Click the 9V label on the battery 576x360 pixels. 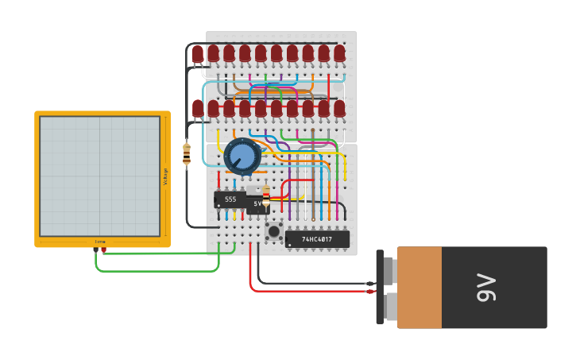[x=486, y=288]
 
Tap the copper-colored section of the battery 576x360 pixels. [x=419, y=288]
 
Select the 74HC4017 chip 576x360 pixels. [x=317, y=239]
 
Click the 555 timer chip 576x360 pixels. [x=230, y=199]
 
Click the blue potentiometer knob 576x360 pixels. [x=242, y=157]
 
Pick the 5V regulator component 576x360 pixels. [x=257, y=204]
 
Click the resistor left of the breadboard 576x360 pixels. [x=187, y=153]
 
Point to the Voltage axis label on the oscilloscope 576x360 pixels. [x=165, y=176]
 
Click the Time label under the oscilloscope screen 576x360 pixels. [x=100, y=242]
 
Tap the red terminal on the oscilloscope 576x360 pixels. [x=103, y=250]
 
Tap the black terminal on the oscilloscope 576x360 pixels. [x=95, y=250]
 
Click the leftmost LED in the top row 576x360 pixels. [x=197, y=54]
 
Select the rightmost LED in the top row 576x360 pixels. [x=339, y=53]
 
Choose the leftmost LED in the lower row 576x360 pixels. [x=197, y=108]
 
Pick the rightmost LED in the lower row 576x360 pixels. [x=339, y=108]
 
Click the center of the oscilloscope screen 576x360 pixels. [x=100, y=176]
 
